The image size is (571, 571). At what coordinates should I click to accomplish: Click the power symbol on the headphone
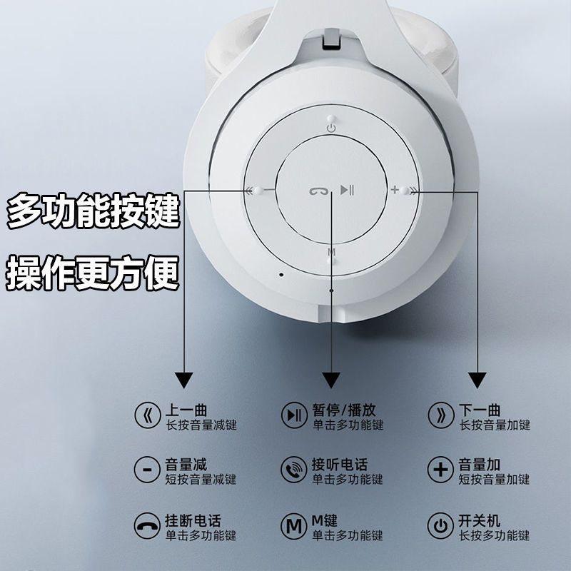(x=331, y=128)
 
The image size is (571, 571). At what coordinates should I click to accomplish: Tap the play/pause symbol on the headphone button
(x=347, y=190)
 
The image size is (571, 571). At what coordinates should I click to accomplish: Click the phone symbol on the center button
(x=318, y=191)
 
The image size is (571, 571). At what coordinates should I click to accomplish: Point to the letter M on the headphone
(x=331, y=252)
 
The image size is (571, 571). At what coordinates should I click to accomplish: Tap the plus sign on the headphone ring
(x=395, y=190)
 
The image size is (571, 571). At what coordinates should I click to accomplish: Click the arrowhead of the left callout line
(x=184, y=380)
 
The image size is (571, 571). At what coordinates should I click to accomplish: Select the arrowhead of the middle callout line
(x=331, y=380)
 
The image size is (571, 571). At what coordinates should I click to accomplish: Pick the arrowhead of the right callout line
(x=477, y=380)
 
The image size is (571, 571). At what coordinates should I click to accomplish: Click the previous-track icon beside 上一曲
(x=148, y=415)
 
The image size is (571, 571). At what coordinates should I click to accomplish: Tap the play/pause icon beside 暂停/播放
(x=294, y=415)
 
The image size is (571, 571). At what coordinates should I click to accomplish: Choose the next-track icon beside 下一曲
(x=440, y=415)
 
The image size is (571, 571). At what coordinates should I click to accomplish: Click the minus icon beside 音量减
(x=147, y=470)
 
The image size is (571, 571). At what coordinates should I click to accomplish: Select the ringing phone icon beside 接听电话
(x=294, y=470)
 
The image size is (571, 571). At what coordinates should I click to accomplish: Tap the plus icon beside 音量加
(x=440, y=470)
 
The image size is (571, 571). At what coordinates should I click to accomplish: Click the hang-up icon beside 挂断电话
(x=147, y=525)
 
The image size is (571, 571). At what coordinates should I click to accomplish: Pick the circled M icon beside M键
(x=294, y=525)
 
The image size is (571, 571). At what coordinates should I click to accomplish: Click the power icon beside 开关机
(x=440, y=525)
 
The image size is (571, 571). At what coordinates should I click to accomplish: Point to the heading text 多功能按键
(x=94, y=211)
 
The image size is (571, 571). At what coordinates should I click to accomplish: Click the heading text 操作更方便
(x=93, y=273)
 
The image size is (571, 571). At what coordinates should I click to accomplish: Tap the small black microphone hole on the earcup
(x=281, y=274)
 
